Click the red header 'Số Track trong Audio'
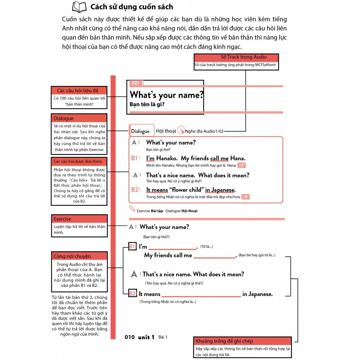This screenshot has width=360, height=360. (236, 57)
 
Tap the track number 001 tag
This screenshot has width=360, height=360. (135, 83)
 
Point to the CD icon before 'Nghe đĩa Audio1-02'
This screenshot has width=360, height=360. (181, 130)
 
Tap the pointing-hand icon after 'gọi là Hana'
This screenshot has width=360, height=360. (241, 165)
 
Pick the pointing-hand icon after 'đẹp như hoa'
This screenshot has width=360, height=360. (245, 197)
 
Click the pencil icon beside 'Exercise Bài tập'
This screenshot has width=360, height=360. (132, 209)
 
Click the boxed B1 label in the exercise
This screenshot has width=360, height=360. (133, 246)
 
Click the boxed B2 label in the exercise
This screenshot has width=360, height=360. (133, 294)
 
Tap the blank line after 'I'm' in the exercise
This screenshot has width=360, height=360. (172, 249)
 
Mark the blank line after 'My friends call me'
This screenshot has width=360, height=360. (214, 258)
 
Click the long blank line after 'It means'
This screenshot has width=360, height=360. (201, 296)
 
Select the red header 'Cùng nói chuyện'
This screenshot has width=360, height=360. (74, 256)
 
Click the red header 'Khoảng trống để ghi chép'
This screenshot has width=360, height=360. (242, 341)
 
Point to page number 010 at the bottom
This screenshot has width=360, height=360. (130, 337)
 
